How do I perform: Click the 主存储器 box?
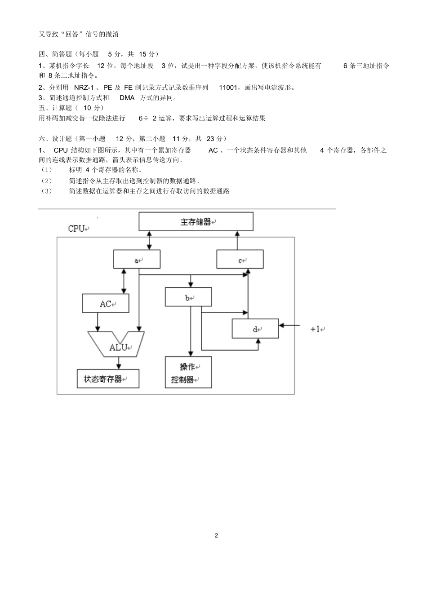click(196, 222)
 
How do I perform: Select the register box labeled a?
click(137, 260)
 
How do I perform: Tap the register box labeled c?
click(240, 260)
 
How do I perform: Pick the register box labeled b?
click(188, 297)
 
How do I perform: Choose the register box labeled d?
click(255, 329)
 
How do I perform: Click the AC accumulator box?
click(105, 304)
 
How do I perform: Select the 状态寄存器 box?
click(108, 379)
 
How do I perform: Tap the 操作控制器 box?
click(188, 373)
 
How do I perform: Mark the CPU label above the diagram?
click(77, 229)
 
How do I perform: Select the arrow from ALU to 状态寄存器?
click(119, 363)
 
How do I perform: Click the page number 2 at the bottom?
click(216, 535)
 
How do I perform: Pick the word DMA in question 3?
click(127, 98)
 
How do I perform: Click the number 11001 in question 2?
click(228, 88)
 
